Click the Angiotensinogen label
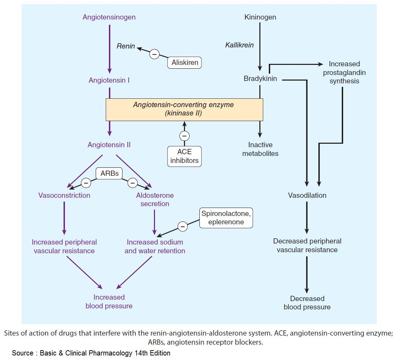click(x=109, y=17)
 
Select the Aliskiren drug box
click(x=185, y=63)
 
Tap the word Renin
click(x=126, y=46)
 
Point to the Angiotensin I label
click(x=109, y=80)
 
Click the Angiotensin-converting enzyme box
click(x=184, y=109)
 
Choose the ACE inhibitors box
click(x=184, y=156)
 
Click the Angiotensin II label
click(x=109, y=144)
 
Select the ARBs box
click(x=110, y=173)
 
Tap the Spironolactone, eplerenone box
click(x=226, y=218)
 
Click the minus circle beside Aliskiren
click(x=154, y=54)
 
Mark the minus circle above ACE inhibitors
click(x=184, y=136)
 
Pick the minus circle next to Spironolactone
click(x=182, y=226)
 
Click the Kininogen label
click(x=260, y=17)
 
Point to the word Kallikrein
click(x=239, y=45)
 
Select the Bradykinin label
click(x=260, y=78)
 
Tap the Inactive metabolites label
click(x=260, y=149)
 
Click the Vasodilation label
click(x=307, y=195)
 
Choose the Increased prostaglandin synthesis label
click(x=344, y=72)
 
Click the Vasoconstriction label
click(x=64, y=195)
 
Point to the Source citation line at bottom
click(x=91, y=353)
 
